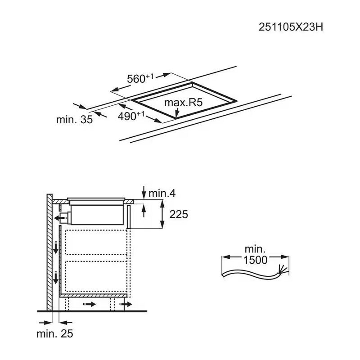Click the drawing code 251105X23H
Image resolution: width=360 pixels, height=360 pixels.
pos(291,27)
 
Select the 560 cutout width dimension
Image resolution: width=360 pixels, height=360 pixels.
pos(140,78)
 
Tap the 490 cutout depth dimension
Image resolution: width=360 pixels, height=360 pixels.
pos(131,116)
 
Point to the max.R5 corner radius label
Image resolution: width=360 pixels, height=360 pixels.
pos(184,103)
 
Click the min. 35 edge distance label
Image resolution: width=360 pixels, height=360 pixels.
pos(74,120)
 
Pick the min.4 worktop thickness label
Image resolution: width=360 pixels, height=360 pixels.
pos(162,193)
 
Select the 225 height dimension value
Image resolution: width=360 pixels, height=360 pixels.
pos(179,215)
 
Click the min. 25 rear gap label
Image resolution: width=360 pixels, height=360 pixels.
pos(55,333)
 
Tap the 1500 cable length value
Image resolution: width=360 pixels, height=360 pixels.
pos(255,260)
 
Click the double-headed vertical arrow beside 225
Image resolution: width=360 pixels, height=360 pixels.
pos(162,214)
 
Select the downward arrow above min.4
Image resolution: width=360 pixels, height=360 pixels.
pos(144,193)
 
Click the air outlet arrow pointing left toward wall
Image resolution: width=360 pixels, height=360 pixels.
pos(58,218)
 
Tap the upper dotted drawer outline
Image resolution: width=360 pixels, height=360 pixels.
pos(96,242)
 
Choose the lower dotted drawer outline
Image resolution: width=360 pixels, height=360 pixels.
pos(96,276)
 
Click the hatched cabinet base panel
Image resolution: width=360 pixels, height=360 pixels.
pos(93,296)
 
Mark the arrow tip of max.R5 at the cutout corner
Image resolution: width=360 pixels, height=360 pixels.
pos(176,118)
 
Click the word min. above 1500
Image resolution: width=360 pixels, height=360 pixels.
pos(255,249)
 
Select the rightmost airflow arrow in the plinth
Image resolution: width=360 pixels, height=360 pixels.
pos(126,305)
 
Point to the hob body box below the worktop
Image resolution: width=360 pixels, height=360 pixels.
pos(97,215)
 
